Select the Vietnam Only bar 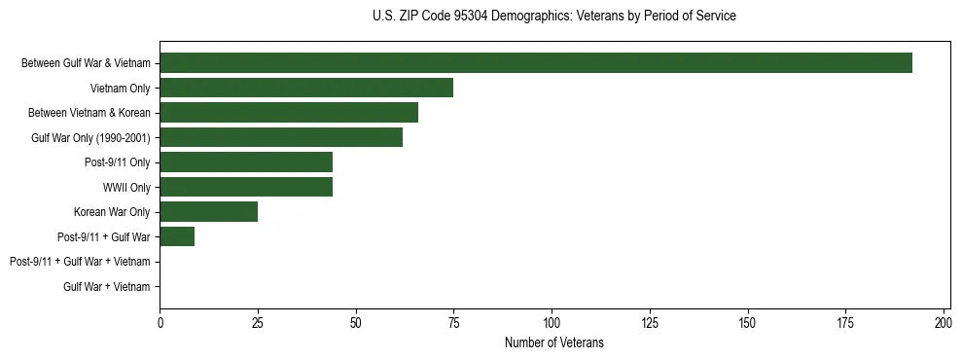(x=306, y=89)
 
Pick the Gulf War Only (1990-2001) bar (x=281, y=137)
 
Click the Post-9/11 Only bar (x=246, y=162)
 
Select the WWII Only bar (x=246, y=187)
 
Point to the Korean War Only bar (x=209, y=212)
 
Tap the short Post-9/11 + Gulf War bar (x=177, y=236)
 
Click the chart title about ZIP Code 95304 (x=554, y=17)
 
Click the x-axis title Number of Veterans (x=554, y=342)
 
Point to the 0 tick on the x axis (x=160, y=322)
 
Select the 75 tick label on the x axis (x=453, y=322)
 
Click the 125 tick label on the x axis (x=650, y=322)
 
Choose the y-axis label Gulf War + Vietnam (x=107, y=287)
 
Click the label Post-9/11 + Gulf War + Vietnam (x=80, y=262)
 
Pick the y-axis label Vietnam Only (x=120, y=89)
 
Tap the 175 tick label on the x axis (x=845, y=322)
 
